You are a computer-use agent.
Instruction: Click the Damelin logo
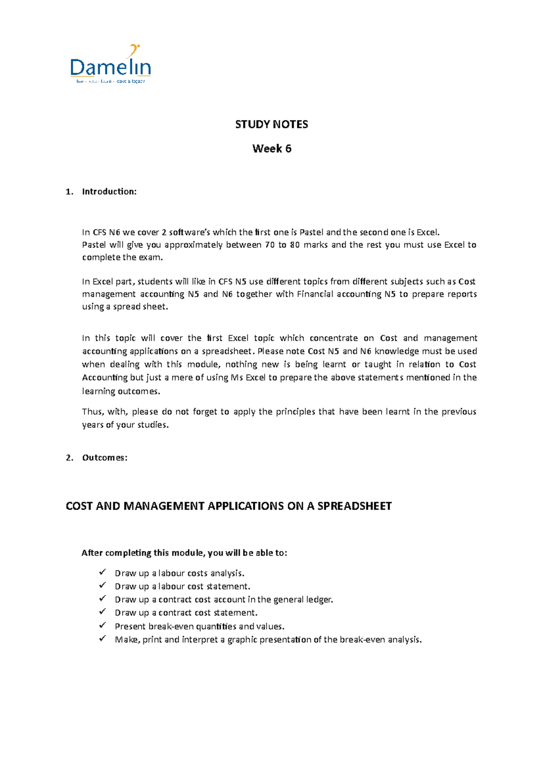coord(110,65)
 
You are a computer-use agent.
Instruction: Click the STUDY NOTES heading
coord(271,124)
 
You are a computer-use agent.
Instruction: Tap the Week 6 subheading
coord(271,148)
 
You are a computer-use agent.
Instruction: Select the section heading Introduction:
coord(109,191)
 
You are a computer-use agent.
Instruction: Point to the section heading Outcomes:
coord(105,457)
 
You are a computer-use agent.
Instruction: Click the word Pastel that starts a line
coord(94,245)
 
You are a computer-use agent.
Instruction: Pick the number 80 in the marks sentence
coord(294,245)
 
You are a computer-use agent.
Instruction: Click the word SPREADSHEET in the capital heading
coord(354,506)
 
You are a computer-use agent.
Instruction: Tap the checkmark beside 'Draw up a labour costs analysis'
coord(102,572)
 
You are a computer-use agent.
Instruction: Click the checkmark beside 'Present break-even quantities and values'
coord(102,626)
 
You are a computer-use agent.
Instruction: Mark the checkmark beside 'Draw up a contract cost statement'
coord(102,612)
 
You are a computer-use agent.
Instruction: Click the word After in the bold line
coord(90,553)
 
